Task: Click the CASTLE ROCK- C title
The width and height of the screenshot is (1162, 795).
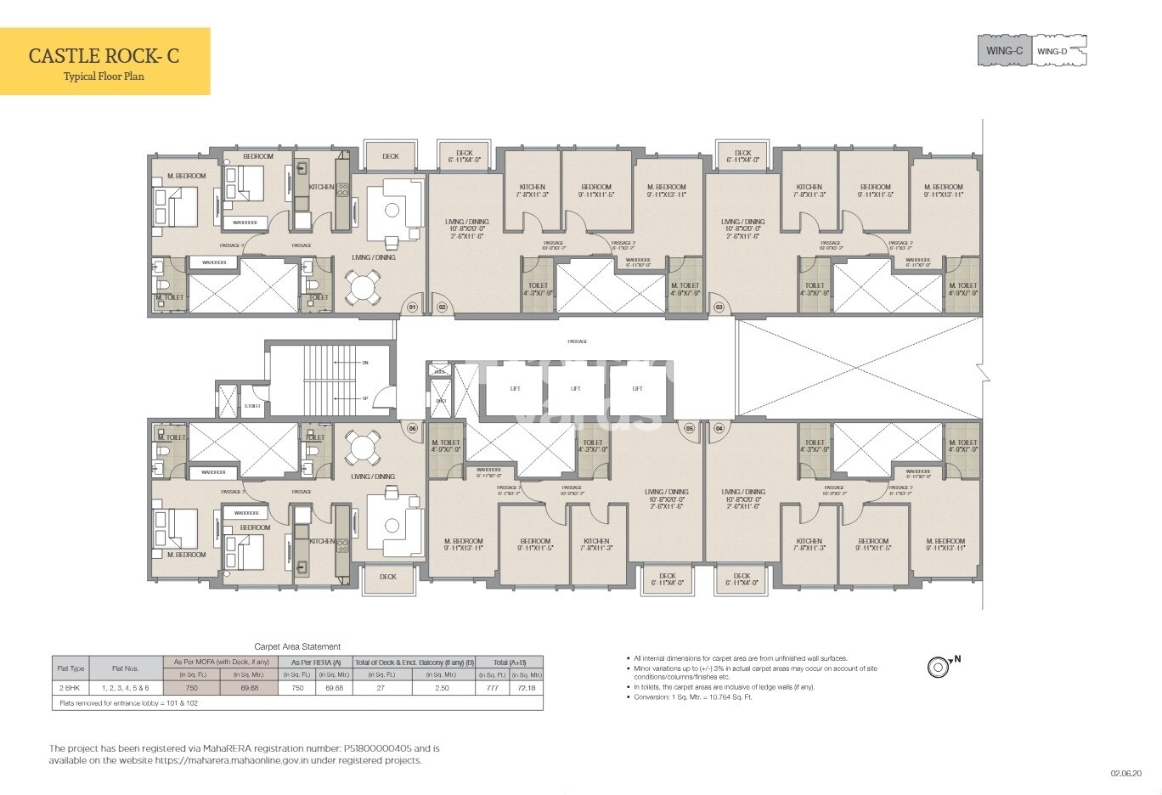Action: coord(104,55)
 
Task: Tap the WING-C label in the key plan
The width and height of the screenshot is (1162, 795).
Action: coord(1004,52)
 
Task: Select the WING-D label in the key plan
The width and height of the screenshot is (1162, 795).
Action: coord(1052,52)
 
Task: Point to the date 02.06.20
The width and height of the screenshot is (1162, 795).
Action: coord(1126,774)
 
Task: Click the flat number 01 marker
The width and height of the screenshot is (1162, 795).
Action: coord(412,307)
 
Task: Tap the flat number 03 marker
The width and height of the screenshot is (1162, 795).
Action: coord(719,307)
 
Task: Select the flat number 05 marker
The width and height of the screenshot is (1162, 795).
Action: coord(690,429)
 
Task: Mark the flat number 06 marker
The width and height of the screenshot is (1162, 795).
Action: coord(412,429)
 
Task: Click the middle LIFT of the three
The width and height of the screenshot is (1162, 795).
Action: coord(576,389)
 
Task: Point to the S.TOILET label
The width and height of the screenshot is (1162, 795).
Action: coord(252,406)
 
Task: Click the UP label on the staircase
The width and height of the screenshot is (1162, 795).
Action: coord(365,398)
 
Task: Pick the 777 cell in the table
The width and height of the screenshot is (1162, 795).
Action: coord(493,688)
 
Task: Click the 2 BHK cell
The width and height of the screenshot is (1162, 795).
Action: coord(69,688)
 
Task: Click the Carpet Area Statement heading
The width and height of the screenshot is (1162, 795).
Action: coord(297,647)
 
